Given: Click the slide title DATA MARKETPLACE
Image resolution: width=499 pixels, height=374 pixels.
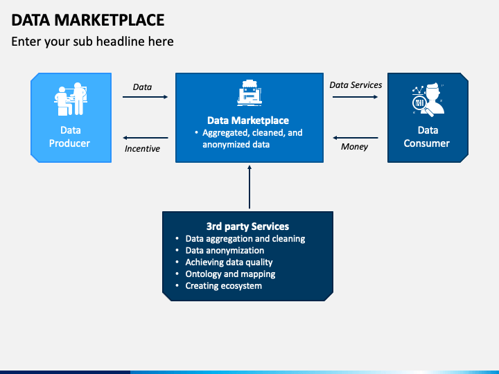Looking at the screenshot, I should click(x=88, y=19).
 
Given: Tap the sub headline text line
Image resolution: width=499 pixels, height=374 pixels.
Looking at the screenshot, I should click(x=92, y=42).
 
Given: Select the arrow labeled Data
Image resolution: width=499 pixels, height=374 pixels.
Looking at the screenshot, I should click(x=146, y=97).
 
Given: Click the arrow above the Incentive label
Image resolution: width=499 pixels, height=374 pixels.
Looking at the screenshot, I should click(x=146, y=138).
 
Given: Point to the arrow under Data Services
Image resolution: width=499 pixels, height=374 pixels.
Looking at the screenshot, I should click(x=356, y=97).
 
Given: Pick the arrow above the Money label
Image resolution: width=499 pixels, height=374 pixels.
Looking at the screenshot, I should click(x=356, y=138).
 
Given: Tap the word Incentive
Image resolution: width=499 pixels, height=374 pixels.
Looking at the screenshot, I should click(x=142, y=149).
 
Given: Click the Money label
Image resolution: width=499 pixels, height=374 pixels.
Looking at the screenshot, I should click(x=354, y=147).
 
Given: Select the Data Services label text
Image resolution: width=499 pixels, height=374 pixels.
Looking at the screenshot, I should click(x=356, y=85).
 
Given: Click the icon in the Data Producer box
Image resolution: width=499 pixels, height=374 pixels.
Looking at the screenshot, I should click(x=70, y=100).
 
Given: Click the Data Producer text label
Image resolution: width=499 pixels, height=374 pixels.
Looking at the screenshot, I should click(x=70, y=136).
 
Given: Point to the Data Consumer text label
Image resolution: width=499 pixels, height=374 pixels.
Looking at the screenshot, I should click(x=428, y=136).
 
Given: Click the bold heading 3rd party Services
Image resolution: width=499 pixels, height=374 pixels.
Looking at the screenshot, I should click(x=247, y=226).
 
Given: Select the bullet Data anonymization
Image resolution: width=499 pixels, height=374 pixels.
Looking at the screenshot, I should click(x=225, y=251).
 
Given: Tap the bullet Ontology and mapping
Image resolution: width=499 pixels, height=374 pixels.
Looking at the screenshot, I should click(x=230, y=274).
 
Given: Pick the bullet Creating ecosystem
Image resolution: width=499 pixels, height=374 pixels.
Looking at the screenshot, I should click(x=223, y=286).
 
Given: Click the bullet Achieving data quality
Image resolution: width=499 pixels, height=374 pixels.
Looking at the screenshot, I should click(x=229, y=262).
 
